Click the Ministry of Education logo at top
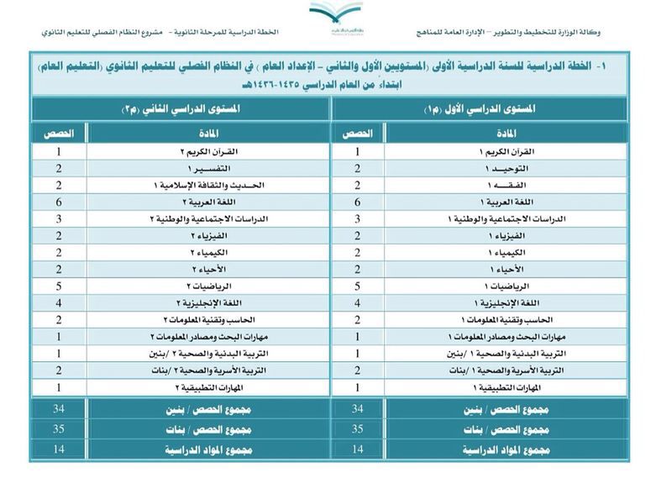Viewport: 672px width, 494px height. [335, 15]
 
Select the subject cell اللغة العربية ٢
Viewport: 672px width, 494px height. [209, 202]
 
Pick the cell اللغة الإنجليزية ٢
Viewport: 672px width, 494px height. [209, 303]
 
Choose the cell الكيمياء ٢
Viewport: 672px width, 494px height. [209, 253]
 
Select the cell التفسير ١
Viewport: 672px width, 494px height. [209, 169]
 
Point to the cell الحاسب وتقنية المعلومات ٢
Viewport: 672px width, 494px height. [209, 320]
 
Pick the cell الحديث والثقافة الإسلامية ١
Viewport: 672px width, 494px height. [209, 186]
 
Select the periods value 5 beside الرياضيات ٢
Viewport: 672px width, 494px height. [58, 286]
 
